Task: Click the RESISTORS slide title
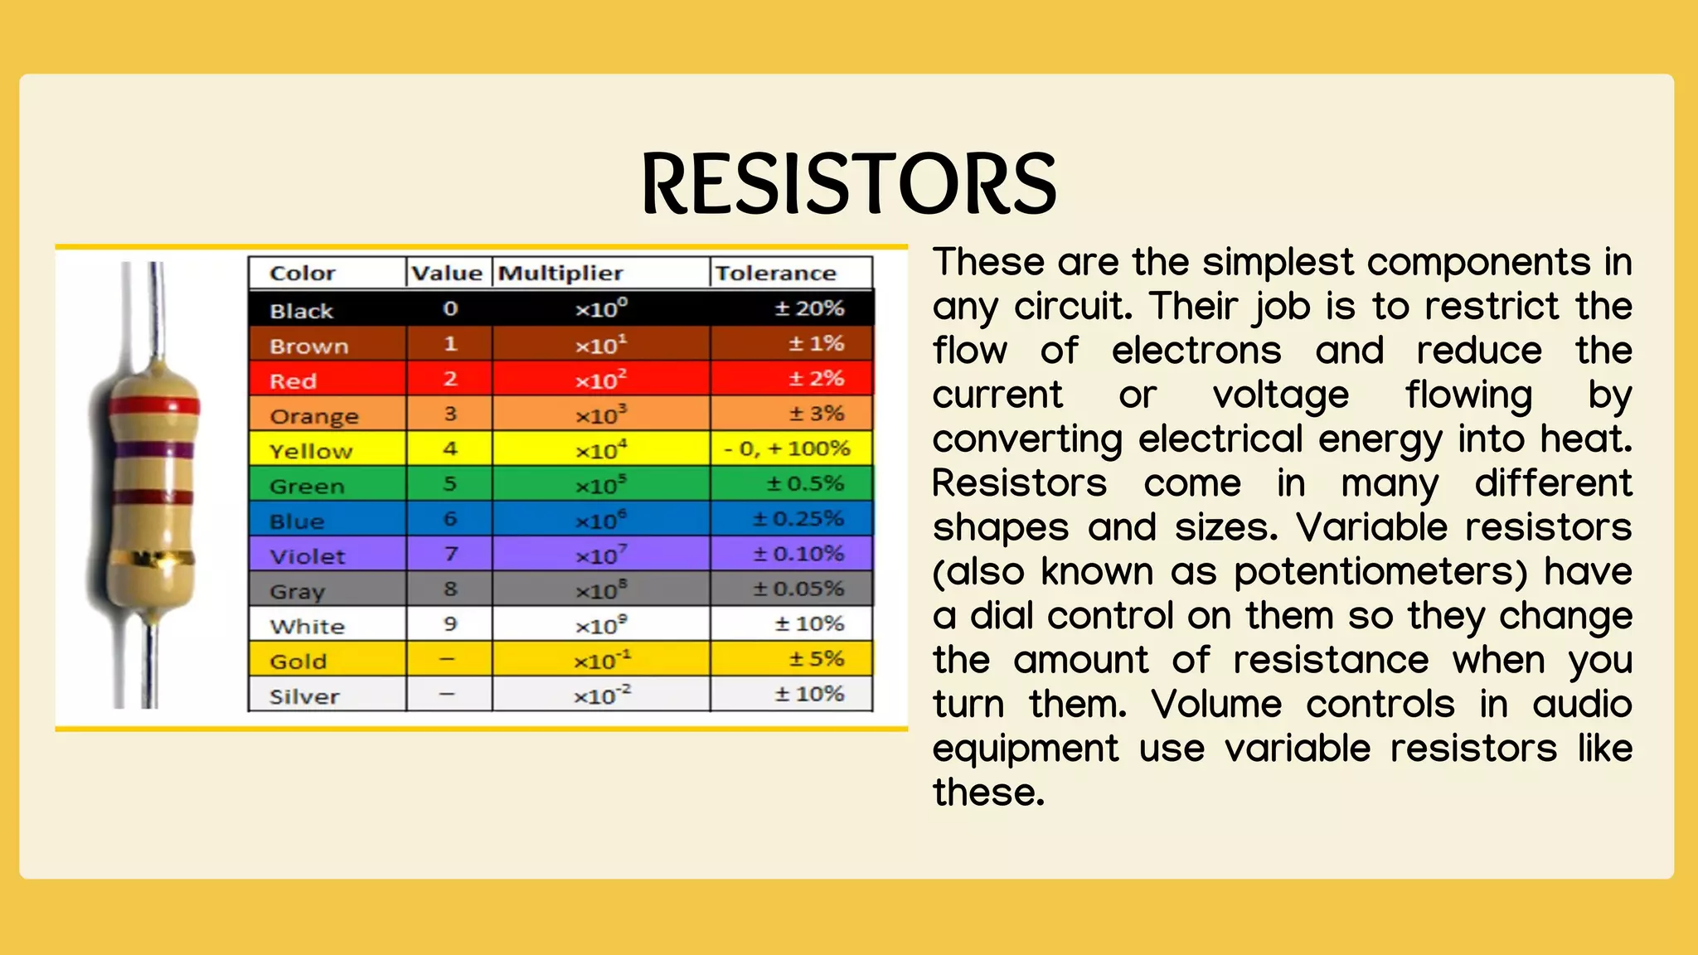pos(849,183)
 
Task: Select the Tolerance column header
pos(775,274)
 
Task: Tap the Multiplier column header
pos(560,274)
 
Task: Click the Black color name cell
pos(301,311)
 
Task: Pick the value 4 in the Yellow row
pos(450,448)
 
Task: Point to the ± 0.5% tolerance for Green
pos(805,483)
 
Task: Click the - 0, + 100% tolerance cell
pos(787,448)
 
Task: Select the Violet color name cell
pos(307,556)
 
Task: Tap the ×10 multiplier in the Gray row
pos(601,590)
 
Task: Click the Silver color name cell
pos(304,696)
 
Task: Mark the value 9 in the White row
pos(450,624)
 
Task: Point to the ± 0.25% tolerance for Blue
pos(798,519)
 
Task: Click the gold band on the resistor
pos(153,559)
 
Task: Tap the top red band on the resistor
pos(154,406)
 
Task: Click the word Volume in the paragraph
pos(1216,705)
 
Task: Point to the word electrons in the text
pos(1196,351)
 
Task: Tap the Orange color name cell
pos(314,416)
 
